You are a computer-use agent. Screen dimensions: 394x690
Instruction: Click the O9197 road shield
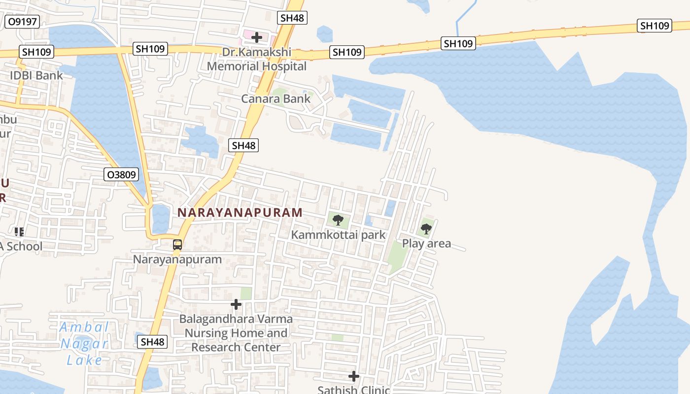[x=22, y=22]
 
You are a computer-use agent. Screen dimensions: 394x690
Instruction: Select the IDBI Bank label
[x=36, y=75]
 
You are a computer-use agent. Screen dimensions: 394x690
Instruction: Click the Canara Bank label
[x=276, y=98]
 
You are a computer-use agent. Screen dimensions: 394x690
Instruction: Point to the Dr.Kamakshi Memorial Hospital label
[x=256, y=59]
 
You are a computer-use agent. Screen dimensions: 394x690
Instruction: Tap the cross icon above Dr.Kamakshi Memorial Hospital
[x=256, y=37]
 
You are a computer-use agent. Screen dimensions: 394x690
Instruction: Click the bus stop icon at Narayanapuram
[x=177, y=245]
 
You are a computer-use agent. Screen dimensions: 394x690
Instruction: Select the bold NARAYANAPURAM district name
[x=240, y=212]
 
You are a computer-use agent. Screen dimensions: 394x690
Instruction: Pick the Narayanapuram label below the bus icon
[x=177, y=259]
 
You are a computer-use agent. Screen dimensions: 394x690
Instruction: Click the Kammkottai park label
[x=338, y=235]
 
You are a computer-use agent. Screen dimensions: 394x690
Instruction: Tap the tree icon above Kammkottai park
[x=338, y=220]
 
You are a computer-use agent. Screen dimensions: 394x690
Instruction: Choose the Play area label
[x=426, y=243]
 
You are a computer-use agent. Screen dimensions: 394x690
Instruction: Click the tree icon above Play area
[x=426, y=229]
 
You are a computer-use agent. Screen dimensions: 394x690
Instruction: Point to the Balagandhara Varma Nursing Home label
[x=236, y=333]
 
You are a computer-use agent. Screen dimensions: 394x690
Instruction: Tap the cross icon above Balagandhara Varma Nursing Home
[x=236, y=305]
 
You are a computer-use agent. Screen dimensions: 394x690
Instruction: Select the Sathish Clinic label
[x=353, y=390]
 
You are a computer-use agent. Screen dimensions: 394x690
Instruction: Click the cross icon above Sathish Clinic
[x=353, y=377]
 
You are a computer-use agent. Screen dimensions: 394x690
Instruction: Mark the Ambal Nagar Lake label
[x=84, y=344]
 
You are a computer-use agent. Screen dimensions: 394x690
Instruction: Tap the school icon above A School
[x=19, y=231]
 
